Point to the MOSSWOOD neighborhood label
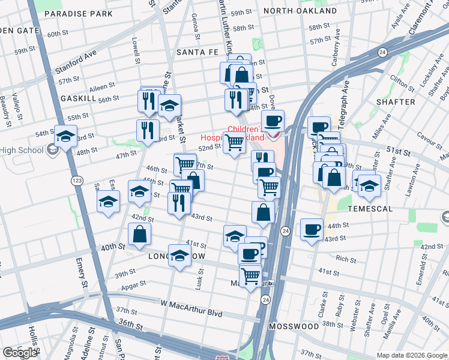point(294,326)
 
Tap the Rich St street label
point(346,259)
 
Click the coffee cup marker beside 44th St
point(312,230)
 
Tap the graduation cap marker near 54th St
point(65,136)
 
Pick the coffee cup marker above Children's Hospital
point(273,121)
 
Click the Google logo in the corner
point(20,353)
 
